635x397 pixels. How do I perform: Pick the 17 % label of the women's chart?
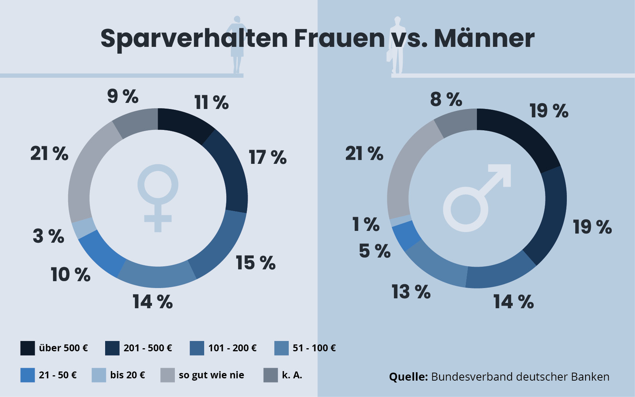[x=267, y=157]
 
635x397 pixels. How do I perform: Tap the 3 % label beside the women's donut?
[x=48, y=236]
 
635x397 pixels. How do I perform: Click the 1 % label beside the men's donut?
[x=366, y=224]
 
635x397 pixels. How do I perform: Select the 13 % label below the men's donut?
[x=411, y=292]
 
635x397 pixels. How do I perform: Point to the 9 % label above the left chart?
[x=122, y=96]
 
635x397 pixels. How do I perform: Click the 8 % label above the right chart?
[x=446, y=99]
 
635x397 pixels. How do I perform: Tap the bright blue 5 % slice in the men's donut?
[x=406, y=235]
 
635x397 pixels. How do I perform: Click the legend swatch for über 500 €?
[x=27, y=348]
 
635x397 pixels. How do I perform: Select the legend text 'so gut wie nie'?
[x=211, y=375]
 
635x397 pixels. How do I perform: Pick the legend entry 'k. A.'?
[x=292, y=375]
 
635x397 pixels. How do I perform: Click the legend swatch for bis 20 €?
[x=99, y=375]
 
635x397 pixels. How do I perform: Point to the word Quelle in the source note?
[x=408, y=377]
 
